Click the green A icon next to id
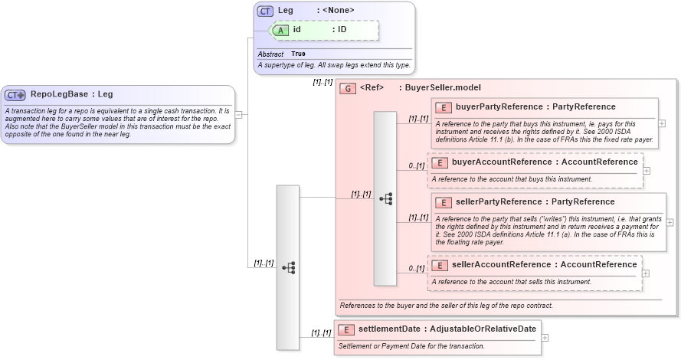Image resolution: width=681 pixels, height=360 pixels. (x=280, y=30)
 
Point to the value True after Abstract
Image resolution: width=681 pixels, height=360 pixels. (x=298, y=54)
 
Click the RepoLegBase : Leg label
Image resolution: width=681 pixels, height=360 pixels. (x=71, y=94)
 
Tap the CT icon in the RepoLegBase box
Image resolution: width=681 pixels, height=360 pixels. (x=15, y=95)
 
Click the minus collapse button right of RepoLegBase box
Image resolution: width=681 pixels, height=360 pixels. (x=239, y=115)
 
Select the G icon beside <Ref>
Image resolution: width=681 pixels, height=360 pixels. (x=348, y=88)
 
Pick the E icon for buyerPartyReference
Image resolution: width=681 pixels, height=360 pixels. (x=443, y=106)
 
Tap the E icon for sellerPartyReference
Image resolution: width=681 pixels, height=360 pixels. (x=443, y=202)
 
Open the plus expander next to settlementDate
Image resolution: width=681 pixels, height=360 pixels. (x=545, y=336)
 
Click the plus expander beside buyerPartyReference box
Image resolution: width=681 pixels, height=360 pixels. (x=662, y=123)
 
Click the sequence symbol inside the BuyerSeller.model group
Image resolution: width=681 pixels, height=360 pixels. (x=385, y=198)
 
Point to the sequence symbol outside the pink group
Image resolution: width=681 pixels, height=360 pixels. (x=288, y=267)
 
